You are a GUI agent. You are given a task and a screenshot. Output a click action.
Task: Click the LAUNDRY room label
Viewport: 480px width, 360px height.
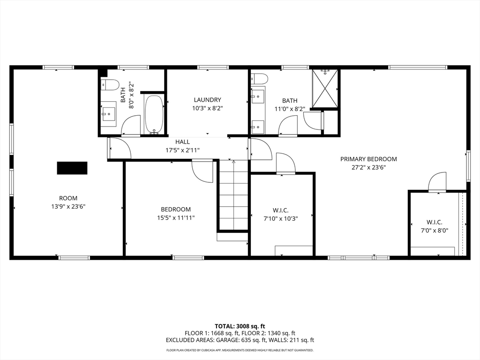207,100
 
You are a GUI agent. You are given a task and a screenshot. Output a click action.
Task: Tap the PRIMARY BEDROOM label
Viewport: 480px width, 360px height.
368,159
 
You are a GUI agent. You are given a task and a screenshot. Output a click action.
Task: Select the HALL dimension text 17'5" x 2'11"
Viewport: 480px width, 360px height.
182,150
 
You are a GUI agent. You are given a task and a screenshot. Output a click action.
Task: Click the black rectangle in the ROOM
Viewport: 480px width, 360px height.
72,168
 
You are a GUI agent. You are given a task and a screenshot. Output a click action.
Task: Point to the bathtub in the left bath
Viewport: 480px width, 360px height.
155,114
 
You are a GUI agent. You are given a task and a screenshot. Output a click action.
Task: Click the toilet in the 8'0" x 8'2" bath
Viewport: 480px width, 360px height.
110,85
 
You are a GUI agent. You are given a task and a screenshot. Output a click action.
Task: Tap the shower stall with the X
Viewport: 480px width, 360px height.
325,89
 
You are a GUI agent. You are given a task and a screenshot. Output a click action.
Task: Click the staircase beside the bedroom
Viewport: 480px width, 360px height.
233,195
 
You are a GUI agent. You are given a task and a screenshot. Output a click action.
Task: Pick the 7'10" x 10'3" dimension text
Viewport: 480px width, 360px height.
281,218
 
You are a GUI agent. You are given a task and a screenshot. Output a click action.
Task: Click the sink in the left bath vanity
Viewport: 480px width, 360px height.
108,114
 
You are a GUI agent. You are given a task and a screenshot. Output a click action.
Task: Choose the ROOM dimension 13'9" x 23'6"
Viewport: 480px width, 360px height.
68,207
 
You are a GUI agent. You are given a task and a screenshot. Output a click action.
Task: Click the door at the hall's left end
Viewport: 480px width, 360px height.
120,148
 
